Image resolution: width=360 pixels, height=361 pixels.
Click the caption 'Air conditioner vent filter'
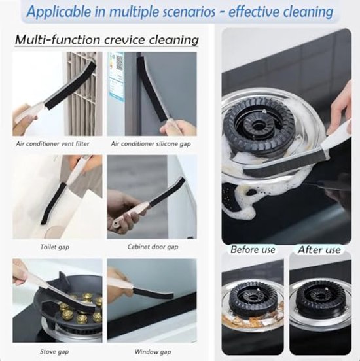click(52, 144)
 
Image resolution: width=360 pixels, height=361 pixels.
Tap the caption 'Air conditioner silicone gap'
click(151, 144)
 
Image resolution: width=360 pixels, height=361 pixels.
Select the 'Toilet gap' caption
click(55, 247)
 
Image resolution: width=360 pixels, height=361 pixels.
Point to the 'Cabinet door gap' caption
click(153, 247)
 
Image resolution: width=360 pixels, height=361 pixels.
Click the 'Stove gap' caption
click(54, 352)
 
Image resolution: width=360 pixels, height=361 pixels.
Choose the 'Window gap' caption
click(153, 352)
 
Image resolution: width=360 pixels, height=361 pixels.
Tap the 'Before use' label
click(253, 250)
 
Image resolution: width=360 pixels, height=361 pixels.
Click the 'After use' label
click(319, 250)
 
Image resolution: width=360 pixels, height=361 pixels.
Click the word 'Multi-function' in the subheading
click(58, 40)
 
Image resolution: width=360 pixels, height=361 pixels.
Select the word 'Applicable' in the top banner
click(59, 12)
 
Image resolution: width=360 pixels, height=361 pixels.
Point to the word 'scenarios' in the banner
click(189, 12)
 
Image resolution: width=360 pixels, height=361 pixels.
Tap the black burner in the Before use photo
click(253, 296)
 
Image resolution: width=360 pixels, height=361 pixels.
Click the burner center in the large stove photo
click(257, 126)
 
